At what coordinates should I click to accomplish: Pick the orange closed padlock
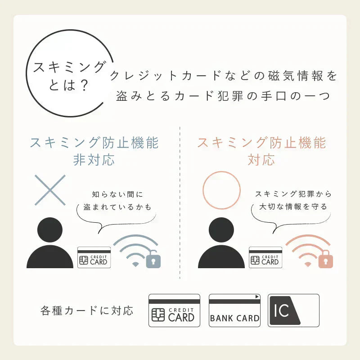point(325,260)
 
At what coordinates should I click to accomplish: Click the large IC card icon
point(293,310)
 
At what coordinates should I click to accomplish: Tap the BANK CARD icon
point(235,310)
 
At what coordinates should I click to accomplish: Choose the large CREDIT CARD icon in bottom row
point(174,310)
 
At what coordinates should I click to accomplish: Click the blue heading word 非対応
point(94,160)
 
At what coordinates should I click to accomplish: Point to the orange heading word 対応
point(261,160)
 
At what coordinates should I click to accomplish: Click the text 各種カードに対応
point(87,310)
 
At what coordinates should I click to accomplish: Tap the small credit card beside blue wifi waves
point(94,257)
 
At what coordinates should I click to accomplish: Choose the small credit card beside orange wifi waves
point(265,257)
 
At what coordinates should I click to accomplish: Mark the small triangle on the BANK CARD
point(257,297)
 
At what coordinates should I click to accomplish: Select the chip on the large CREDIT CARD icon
point(158,315)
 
